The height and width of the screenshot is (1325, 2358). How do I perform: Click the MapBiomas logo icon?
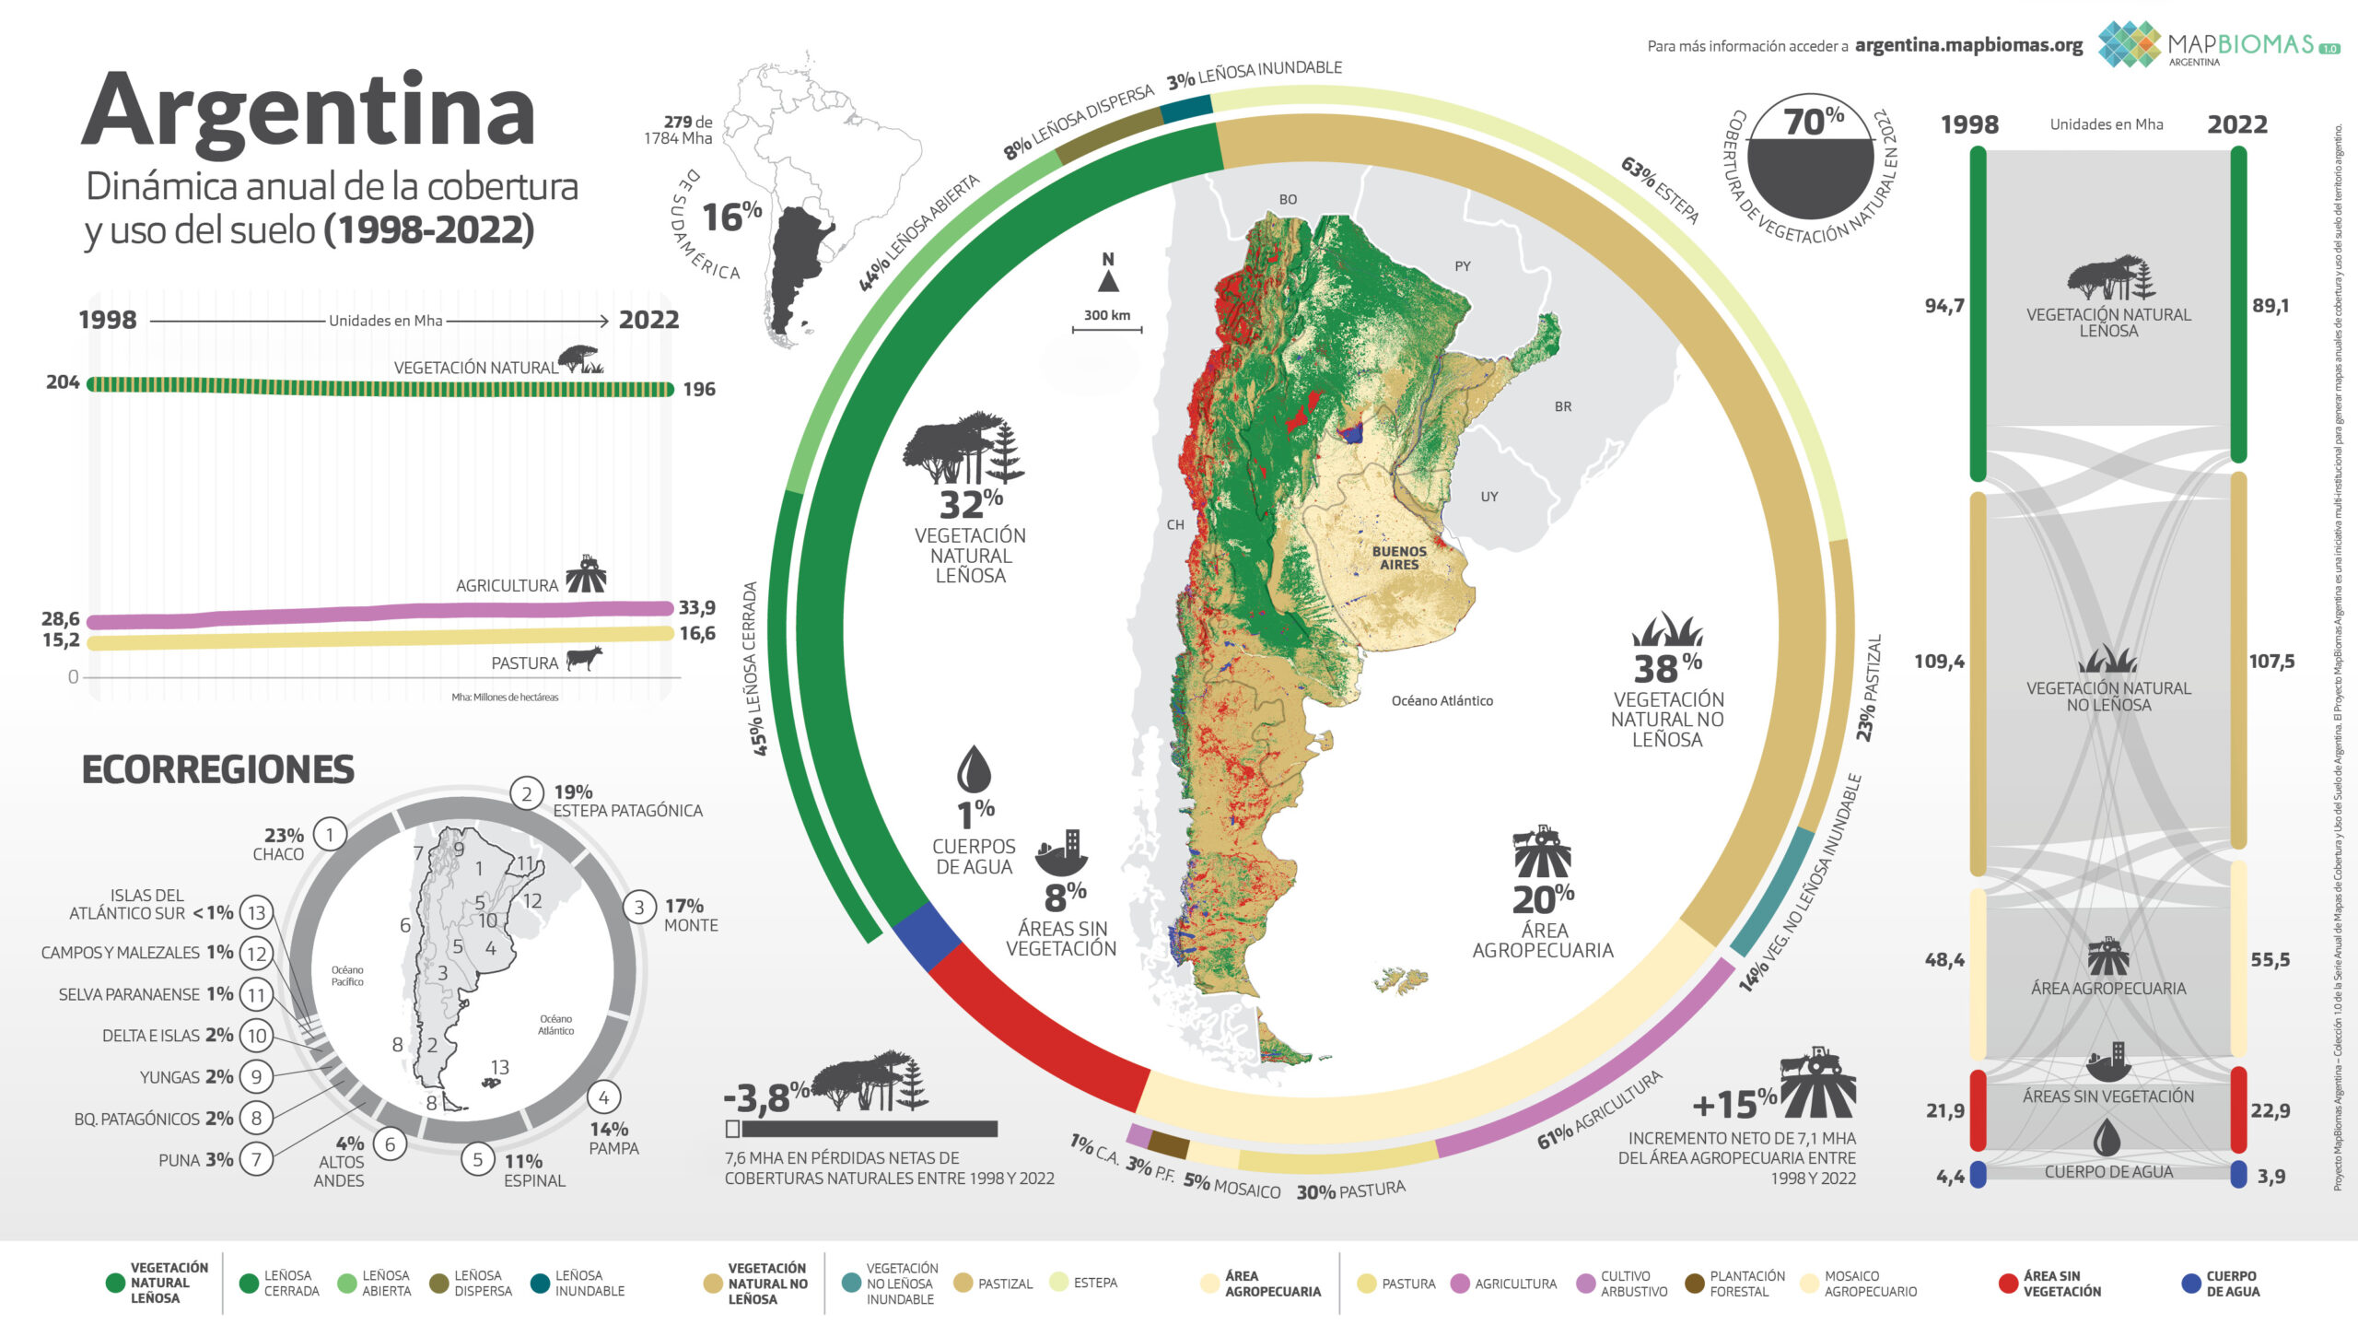tap(2130, 43)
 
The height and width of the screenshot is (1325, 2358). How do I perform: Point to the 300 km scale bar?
tap(1106, 327)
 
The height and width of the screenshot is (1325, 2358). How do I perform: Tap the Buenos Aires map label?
tap(1398, 557)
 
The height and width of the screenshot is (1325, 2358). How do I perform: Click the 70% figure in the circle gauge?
tap(1813, 121)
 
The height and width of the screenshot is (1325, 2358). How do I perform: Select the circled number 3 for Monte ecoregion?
tap(639, 907)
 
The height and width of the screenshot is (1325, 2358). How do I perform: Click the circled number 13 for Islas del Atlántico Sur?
tap(256, 912)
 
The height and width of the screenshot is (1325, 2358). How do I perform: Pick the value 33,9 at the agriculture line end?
tap(696, 607)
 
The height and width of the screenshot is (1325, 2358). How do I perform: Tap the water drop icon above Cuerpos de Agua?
tap(974, 769)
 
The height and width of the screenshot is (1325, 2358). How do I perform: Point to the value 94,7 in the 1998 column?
tap(1944, 305)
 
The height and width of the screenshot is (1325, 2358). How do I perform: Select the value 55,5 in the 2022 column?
tap(2270, 959)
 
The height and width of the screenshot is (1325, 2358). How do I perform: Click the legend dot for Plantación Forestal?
tap(1693, 1284)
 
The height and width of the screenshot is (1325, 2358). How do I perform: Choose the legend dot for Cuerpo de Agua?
tap(2191, 1284)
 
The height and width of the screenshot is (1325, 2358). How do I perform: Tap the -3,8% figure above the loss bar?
tap(765, 1097)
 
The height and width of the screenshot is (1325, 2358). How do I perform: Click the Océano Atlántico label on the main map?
tap(1442, 700)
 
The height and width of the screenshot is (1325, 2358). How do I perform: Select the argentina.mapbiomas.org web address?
tap(1968, 45)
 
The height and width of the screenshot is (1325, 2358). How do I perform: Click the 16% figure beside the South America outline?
tap(731, 217)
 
